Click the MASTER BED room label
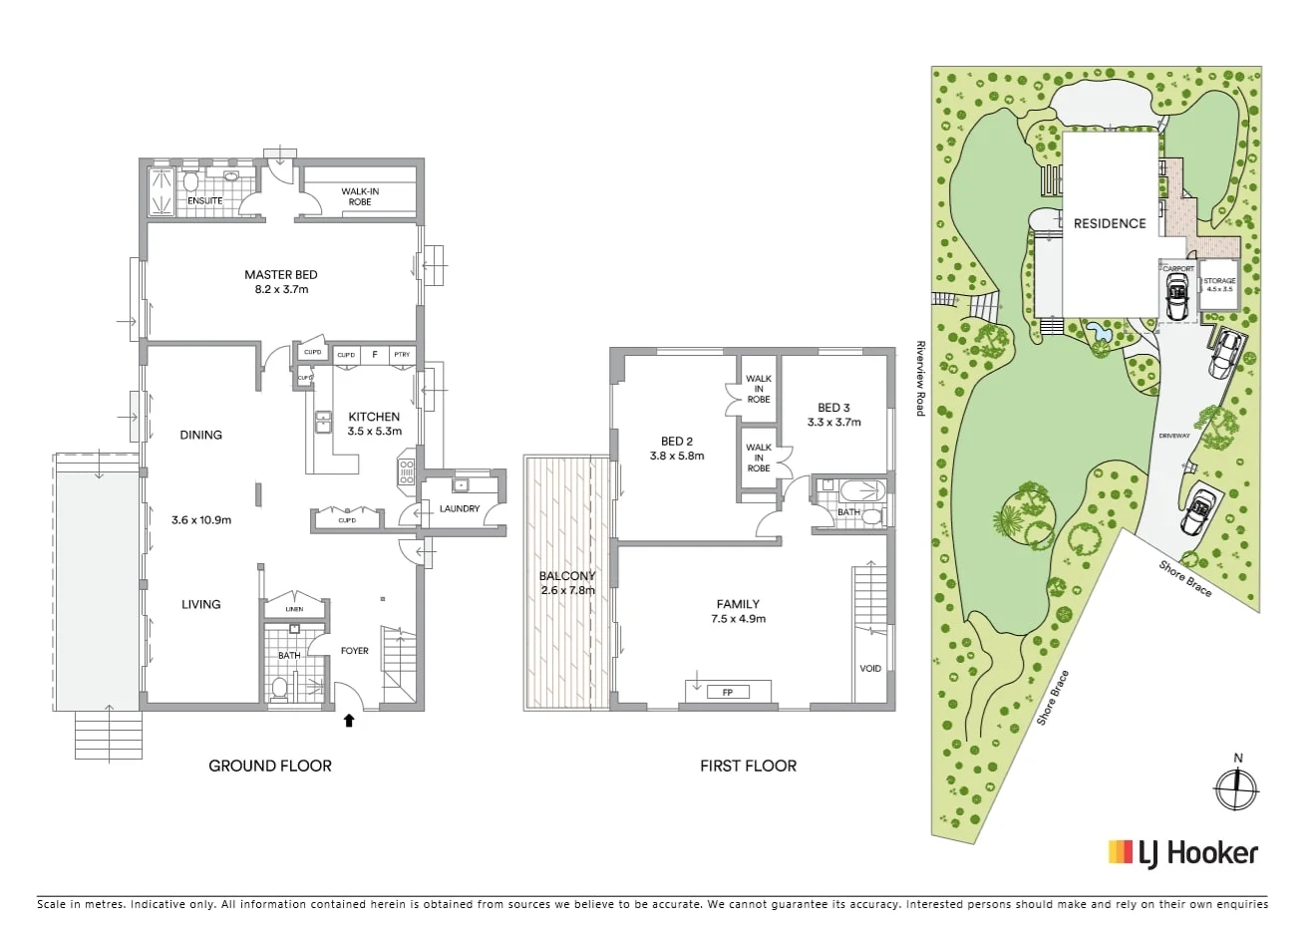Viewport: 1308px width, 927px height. [x=281, y=275]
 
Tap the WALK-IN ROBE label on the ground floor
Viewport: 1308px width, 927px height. [x=360, y=196]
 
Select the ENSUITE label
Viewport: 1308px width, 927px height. [x=205, y=200]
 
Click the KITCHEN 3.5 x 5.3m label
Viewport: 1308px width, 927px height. [x=374, y=424]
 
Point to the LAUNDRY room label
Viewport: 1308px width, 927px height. [x=460, y=508]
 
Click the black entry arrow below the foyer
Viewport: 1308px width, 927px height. [x=348, y=718]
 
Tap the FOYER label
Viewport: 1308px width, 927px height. [x=354, y=651]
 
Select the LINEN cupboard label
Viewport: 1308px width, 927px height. [x=293, y=609]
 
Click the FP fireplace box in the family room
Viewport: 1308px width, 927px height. [x=727, y=692]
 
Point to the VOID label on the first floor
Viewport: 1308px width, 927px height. [x=870, y=668]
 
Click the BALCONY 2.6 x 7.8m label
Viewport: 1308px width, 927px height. [x=566, y=583]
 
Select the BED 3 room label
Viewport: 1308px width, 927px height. [x=833, y=408]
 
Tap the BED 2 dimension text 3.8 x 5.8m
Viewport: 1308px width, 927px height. [x=677, y=456]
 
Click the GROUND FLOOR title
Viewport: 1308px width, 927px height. [x=269, y=766]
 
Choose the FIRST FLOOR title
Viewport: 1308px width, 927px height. [x=748, y=766]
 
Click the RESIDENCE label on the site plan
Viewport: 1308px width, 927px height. [x=1109, y=223]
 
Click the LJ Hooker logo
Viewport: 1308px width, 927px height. [x=1183, y=852]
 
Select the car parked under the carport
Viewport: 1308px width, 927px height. [x=1177, y=298]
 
